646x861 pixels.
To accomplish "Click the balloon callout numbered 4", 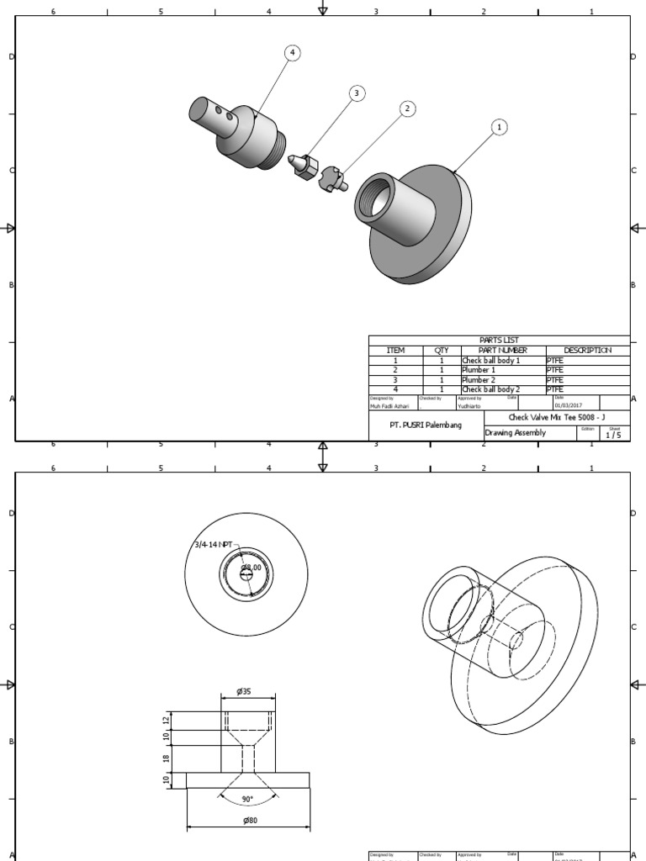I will [x=292, y=53].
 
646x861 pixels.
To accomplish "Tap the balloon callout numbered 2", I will [x=407, y=108].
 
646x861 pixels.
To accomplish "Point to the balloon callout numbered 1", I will [x=500, y=127].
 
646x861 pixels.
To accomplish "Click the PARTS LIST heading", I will [x=499, y=341].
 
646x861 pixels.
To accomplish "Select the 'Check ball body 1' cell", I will [x=490, y=360].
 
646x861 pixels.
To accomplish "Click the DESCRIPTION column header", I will [x=587, y=350].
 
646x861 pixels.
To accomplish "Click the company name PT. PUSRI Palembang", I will [x=426, y=425].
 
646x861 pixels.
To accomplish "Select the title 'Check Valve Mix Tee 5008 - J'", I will [x=556, y=417].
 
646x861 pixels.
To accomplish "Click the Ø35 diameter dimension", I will [x=244, y=691].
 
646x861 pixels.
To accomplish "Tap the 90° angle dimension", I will [x=247, y=799].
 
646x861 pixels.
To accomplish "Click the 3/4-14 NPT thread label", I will [x=212, y=545].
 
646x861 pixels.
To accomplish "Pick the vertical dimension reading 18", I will [x=167, y=758].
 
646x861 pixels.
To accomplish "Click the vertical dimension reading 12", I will [x=167, y=719].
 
